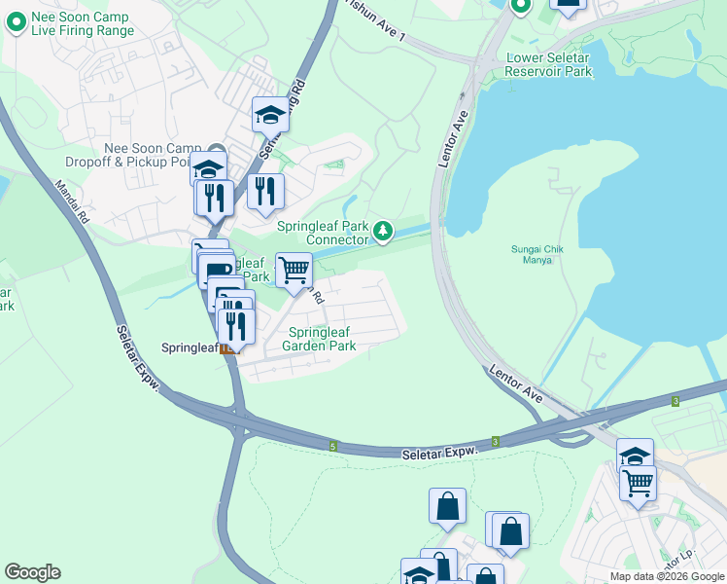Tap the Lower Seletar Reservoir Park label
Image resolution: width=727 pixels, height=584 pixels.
click(549, 64)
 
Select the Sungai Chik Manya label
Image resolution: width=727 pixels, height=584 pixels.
click(538, 254)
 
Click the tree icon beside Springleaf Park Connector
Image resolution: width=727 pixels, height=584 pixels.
click(385, 231)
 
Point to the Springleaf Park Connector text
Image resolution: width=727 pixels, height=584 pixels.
click(323, 233)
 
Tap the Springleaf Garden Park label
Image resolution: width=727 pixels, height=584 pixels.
click(319, 339)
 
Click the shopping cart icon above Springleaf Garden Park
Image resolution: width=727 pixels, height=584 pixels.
click(294, 270)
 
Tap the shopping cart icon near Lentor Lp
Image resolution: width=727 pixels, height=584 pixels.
click(639, 482)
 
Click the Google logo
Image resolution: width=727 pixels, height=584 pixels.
click(32, 572)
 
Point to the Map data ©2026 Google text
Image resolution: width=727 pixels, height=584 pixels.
click(666, 576)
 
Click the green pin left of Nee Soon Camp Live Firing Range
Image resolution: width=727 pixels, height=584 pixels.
click(16, 22)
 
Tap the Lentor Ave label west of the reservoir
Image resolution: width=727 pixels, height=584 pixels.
click(454, 138)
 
